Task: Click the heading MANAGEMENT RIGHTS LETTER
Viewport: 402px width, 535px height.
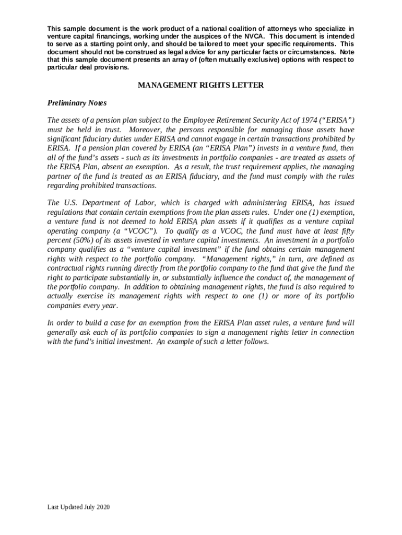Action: point(201,85)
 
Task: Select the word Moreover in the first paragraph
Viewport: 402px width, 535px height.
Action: point(147,130)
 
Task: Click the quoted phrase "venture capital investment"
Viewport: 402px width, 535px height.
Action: point(156,249)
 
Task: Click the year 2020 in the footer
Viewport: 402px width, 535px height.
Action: point(102,507)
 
